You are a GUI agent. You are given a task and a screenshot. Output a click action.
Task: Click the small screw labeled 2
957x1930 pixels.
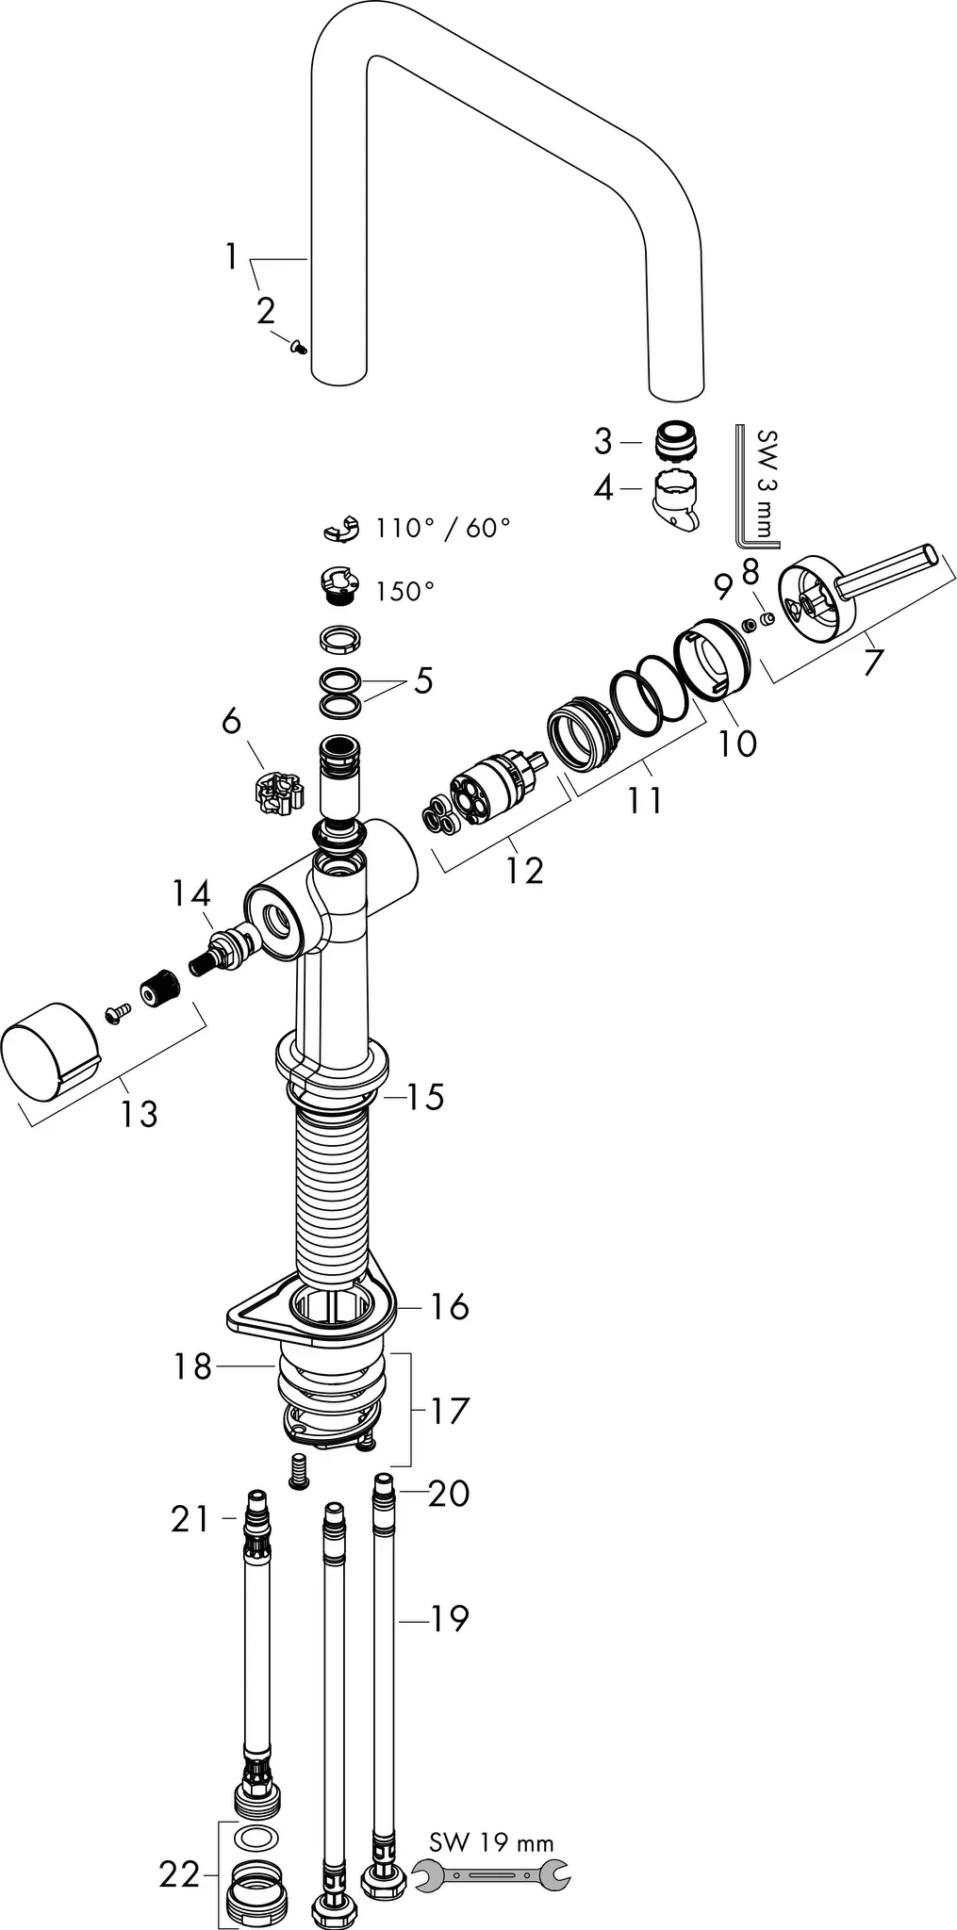299,348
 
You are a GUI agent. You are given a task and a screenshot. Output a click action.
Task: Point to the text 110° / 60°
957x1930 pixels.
442,527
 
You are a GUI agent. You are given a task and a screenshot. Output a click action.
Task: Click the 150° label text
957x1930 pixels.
404,592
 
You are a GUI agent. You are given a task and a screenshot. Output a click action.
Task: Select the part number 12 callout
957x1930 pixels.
523,870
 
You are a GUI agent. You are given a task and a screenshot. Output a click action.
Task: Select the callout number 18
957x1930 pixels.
192,1366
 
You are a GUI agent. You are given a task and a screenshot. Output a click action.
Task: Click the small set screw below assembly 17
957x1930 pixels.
300,1470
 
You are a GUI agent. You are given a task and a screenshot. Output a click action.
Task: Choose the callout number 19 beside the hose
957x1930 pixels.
449,1618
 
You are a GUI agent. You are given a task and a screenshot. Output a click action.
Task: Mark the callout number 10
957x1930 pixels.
736,744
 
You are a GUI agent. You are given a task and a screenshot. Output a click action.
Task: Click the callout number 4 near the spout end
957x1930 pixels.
603,488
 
